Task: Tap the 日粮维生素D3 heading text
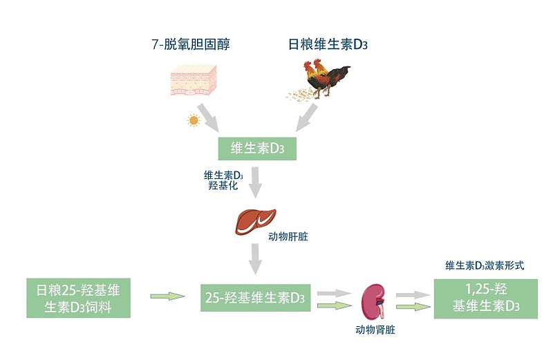[x=328, y=46]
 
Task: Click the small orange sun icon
[x=193, y=120]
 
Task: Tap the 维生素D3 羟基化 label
[x=223, y=181]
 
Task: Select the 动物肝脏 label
[x=288, y=236]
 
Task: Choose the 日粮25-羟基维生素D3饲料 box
[x=78, y=298]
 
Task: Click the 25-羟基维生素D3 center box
[x=255, y=298]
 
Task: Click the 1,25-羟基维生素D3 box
[x=485, y=298]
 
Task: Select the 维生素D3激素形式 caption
[x=485, y=265]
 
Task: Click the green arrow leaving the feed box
[x=167, y=296]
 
